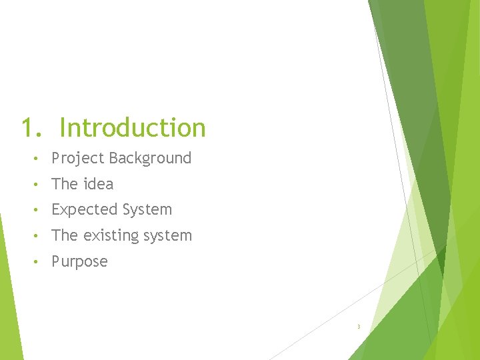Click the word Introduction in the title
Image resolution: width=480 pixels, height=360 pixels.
click(x=133, y=127)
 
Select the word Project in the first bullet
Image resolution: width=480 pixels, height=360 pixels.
click(x=78, y=159)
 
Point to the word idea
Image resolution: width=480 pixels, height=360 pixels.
click(x=99, y=183)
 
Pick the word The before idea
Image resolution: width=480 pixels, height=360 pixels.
click(x=65, y=183)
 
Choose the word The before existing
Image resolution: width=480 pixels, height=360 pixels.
click(x=65, y=235)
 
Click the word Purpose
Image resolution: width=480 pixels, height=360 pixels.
click(x=79, y=262)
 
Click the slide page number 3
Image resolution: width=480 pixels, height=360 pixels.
click(x=359, y=327)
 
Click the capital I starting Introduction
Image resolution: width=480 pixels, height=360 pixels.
click(x=62, y=127)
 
